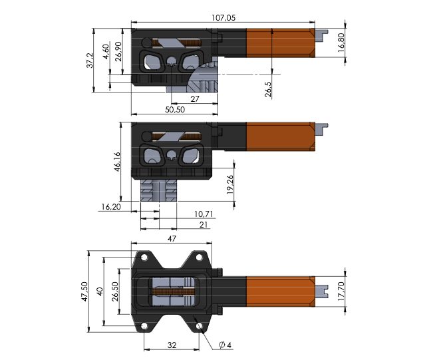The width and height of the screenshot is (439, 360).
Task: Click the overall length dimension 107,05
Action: (x=222, y=18)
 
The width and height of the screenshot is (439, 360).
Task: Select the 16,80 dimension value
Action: (x=342, y=43)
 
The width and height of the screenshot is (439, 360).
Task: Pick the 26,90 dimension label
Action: (x=118, y=52)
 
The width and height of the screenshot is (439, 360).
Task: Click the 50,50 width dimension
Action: (x=175, y=109)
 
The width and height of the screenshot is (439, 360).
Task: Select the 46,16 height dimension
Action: (x=117, y=162)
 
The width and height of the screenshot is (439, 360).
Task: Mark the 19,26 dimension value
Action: (x=229, y=184)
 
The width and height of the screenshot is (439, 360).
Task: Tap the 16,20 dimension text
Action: (x=110, y=207)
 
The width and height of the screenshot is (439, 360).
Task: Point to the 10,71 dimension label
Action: (x=204, y=214)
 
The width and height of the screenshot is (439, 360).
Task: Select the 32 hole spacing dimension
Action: (x=172, y=345)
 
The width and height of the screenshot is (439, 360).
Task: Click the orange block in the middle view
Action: (x=279, y=137)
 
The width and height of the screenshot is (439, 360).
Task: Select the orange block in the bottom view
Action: (x=279, y=290)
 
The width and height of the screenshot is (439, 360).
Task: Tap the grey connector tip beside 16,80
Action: (x=323, y=33)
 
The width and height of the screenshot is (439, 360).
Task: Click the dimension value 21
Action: (x=204, y=226)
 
